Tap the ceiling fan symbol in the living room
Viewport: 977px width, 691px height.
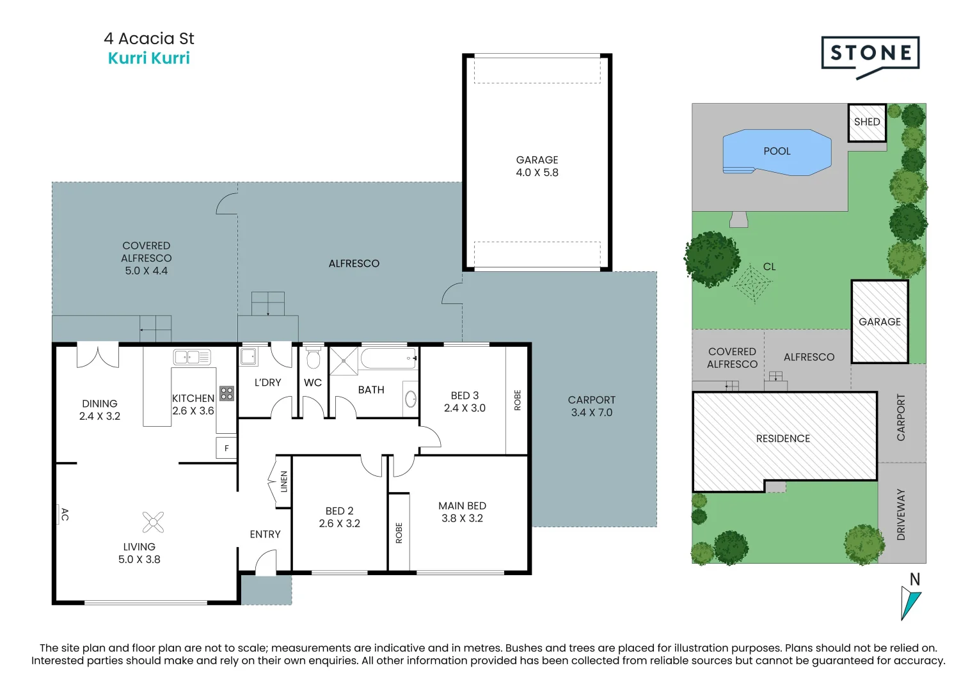153,522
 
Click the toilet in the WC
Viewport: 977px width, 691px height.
313,357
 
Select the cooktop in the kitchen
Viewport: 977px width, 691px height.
226,393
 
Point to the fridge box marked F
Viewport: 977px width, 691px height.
226,448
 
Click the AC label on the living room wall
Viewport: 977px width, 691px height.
65,514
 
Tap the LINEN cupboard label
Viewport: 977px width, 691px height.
284,482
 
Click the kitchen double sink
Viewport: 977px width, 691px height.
192,357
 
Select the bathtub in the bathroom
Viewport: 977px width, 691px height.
388,358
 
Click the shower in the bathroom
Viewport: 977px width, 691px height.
344,361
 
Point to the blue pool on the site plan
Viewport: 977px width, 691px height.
777,152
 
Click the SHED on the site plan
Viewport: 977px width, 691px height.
867,123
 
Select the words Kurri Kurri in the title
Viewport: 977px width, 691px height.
148,58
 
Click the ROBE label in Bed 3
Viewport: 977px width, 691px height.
517,400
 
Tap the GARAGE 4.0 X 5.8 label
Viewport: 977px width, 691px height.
537,166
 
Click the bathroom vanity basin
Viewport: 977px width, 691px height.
411,399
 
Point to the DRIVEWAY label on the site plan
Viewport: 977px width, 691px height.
901,515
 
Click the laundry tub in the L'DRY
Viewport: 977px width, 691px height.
248,356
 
